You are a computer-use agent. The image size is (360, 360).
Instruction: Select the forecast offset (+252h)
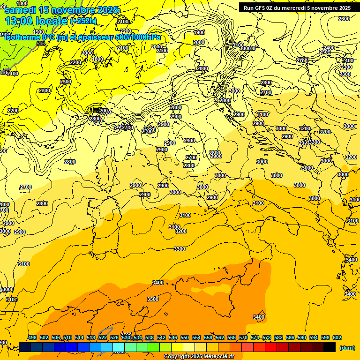(83, 21)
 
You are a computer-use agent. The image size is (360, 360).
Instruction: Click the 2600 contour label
(344, 19)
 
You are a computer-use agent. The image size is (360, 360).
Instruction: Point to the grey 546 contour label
(41, 44)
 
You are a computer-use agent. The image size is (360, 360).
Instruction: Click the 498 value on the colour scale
(32, 337)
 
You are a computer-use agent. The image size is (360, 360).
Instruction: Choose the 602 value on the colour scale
(337, 337)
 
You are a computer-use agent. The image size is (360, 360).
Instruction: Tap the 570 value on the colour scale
(243, 337)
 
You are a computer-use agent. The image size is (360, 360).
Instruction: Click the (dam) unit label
(346, 347)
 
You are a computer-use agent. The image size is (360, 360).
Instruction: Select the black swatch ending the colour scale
(330, 347)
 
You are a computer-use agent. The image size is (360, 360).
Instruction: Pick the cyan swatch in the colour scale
(119, 347)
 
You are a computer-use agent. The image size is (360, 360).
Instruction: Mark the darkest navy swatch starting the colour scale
(25, 347)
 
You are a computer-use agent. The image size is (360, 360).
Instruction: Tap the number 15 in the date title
(46, 10)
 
